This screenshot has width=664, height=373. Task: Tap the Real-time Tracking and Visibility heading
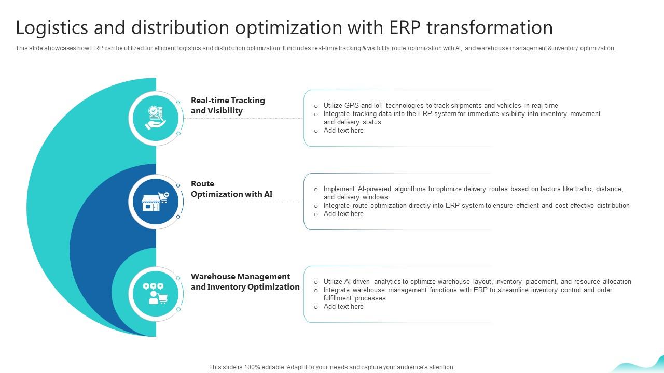(228, 105)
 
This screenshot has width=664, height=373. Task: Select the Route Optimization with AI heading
(231, 189)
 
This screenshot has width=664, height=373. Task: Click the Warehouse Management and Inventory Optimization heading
(245, 281)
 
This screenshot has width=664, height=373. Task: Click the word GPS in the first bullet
(352, 105)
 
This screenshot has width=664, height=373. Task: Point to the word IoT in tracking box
(379, 105)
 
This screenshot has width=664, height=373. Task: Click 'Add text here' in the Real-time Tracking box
(343, 131)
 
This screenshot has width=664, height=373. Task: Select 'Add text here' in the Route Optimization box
(343, 214)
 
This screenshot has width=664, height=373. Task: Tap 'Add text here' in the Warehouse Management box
(343, 307)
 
